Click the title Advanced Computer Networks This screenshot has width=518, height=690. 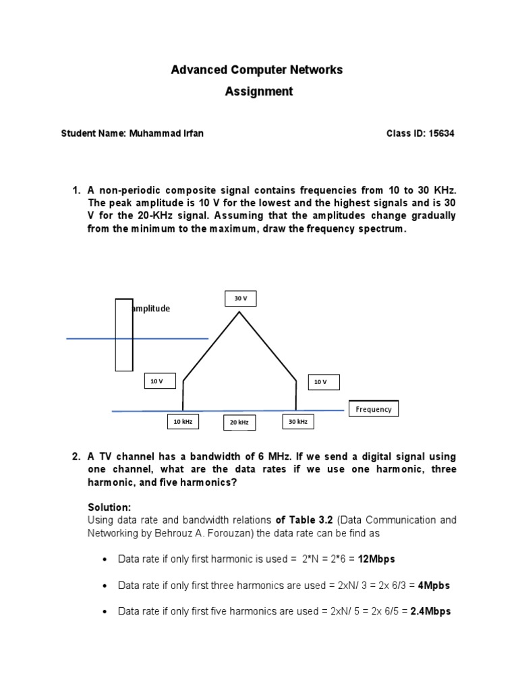(256, 70)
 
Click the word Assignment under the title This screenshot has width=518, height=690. (259, 92)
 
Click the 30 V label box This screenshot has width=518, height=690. (241, 299)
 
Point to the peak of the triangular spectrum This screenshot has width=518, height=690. (239, 312)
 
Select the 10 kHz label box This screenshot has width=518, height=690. (183, 422)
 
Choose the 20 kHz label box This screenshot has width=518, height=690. (239, 422)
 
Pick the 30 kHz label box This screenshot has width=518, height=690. (297, 422)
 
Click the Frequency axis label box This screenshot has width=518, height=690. (373, 409)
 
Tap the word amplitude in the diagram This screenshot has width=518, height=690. (151, 309)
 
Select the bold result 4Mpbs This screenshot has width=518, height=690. (434, 586)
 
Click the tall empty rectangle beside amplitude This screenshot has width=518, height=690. (124, 334)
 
